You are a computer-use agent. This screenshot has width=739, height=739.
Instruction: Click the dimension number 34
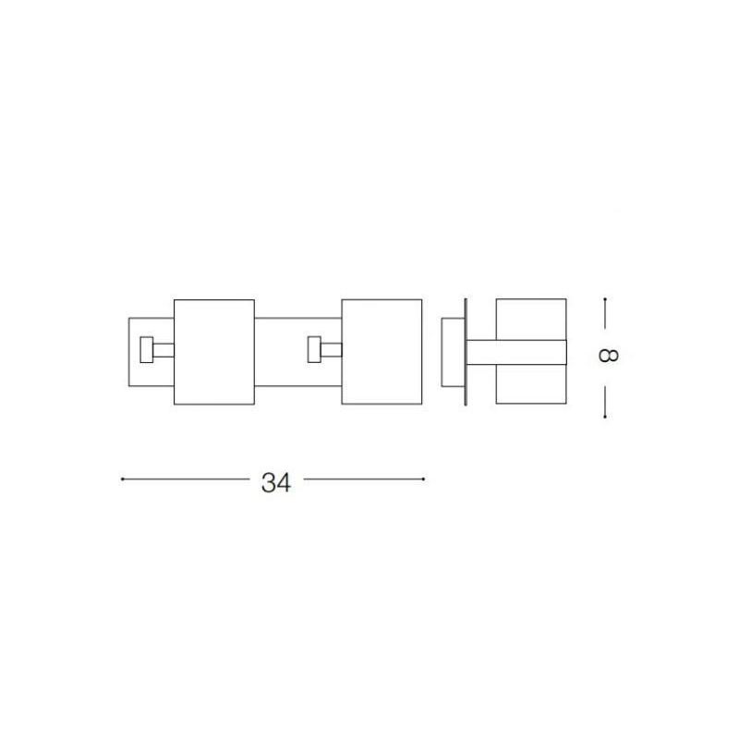[x=276, y=482]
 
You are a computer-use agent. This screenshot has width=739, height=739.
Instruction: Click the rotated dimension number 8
[x=608, y=355]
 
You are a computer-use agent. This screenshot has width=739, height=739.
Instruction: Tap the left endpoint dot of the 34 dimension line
[x=122, y=479]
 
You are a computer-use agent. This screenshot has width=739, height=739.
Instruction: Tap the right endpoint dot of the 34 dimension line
[x=424, y=479]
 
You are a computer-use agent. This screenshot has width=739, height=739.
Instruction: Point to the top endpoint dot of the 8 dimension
[x=605, y=298]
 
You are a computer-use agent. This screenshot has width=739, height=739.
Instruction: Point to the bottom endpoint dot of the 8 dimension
[x=605, y=417]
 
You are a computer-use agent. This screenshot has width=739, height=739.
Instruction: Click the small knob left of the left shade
[x=147, y=350]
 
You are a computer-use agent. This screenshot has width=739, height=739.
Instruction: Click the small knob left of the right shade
[x=314, y=349]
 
